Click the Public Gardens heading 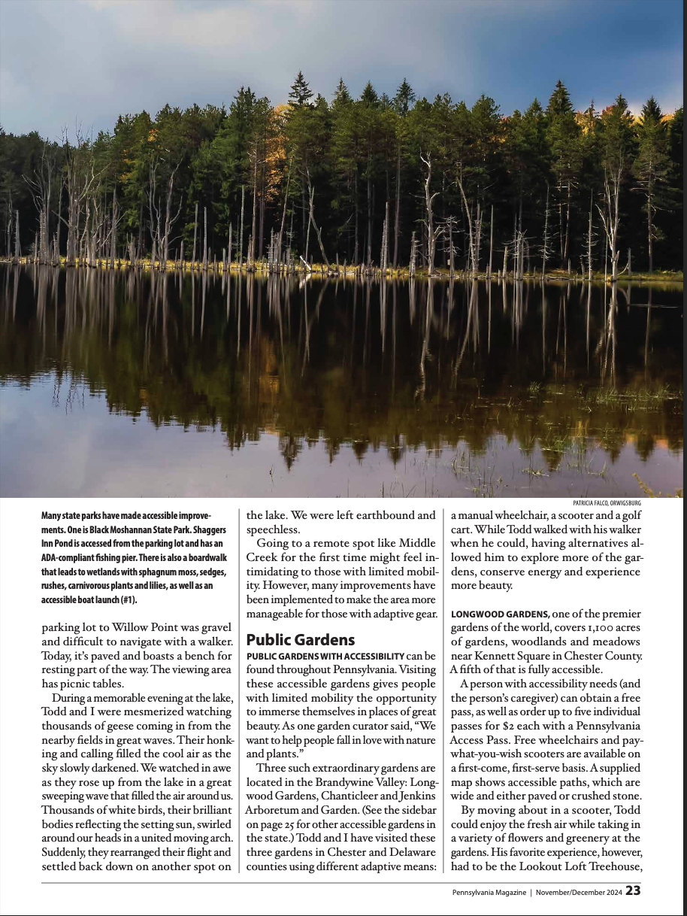pos(300,640)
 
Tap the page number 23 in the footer pos(633,891)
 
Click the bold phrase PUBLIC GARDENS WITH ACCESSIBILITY pos(325,657)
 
